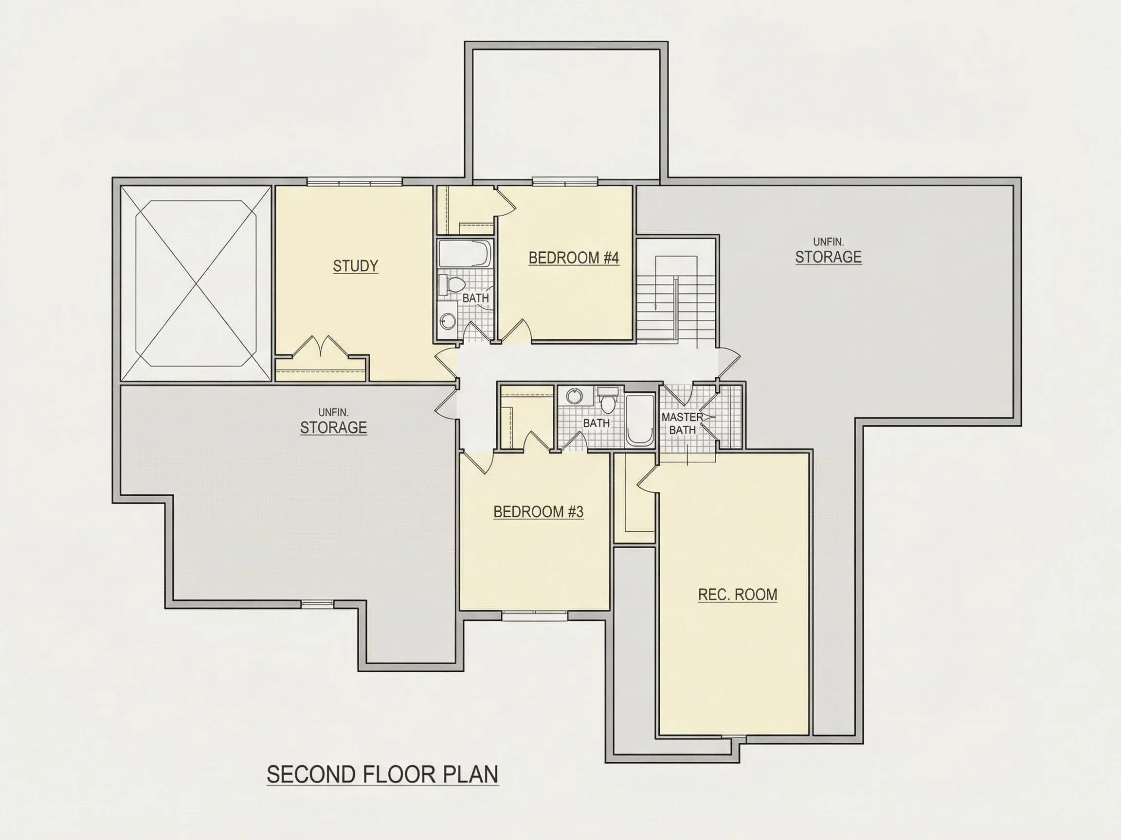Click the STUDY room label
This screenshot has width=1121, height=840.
(x=355, y=266)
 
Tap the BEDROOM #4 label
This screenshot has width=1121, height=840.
(x=574, y=258)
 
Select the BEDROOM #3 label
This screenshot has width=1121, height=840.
(x=538, y=512)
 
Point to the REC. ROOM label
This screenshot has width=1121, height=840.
(x=738, y=595)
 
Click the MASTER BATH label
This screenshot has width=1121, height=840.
(x=682, y=423)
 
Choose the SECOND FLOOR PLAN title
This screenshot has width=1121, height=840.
(x=382, y=775)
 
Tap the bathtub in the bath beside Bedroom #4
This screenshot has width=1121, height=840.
(x=465, y=254)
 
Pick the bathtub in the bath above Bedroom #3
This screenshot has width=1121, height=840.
(x=639, y=420)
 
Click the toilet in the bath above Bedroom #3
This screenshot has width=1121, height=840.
(x=607, y=400)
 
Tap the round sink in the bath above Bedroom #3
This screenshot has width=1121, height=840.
(x=574, y=396)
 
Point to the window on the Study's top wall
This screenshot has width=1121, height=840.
(x=354, y=181)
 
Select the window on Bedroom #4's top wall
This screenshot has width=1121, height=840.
(x=564, y=181)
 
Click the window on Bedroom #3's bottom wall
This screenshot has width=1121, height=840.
(x=535, y=616)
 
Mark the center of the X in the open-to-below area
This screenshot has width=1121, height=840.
(x=196, y=283)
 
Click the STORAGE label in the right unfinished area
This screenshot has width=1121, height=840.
(x=828, y=257)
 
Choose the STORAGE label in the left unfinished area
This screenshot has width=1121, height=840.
(x=333, y=428)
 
